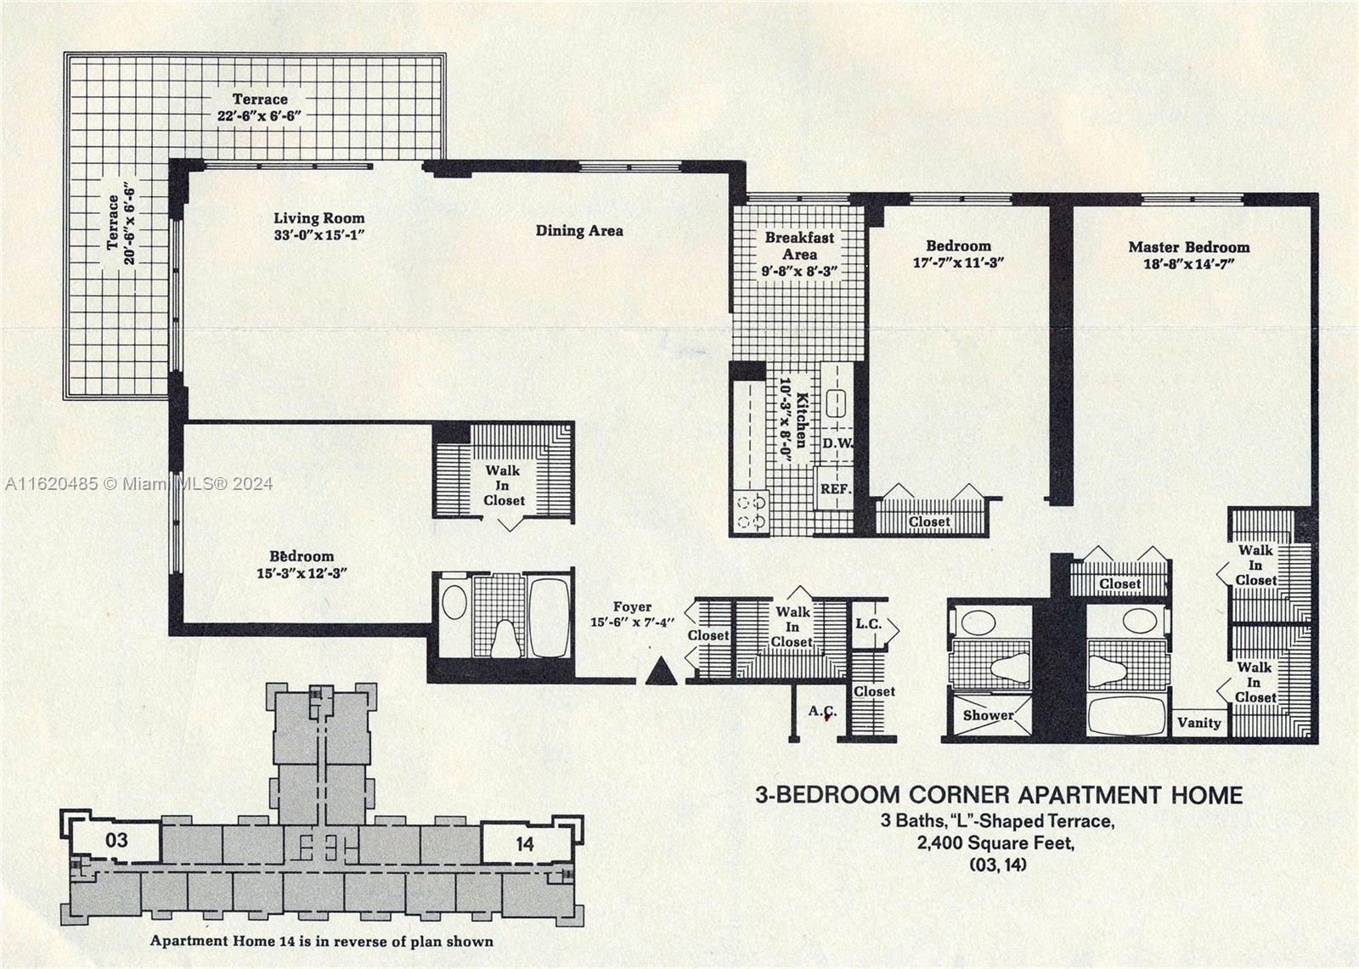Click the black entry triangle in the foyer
pyautogui.click(x=662, y=673)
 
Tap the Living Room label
pyautogui.click(x=319, y=218)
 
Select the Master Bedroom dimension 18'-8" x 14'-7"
pyautogui.click(x=1189, y=264)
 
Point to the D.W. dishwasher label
pyautogui.click(x=837, y=443)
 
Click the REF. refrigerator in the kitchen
pyautogui.click(x=836, y=488)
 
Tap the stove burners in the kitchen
pyautogui.click(x=751, y=512)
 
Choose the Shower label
pyautogui.click(x=989, y=715)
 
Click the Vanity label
pyautogui.click(x=1198, y=723)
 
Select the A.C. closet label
pyautogui.click(x=823, y=712)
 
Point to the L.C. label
pyautogui.click(x=868, y=623)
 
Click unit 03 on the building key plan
pyautogui.click(x=116, y=841)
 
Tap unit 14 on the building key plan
pyautogui.click(x=525, y=844)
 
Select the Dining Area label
pyautogui.click(x=579, y=230)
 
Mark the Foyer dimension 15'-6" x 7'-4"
pyautogui.click(x=632, y=622)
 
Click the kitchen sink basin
pyautogui.click(x=837, y=403)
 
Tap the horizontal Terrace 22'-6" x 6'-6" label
pyautogui.click(x=260, y=107)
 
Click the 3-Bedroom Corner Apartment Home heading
pyautogui.click(x=999, y=795)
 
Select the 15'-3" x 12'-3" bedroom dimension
pyautogui.click(x=302, y=572)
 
